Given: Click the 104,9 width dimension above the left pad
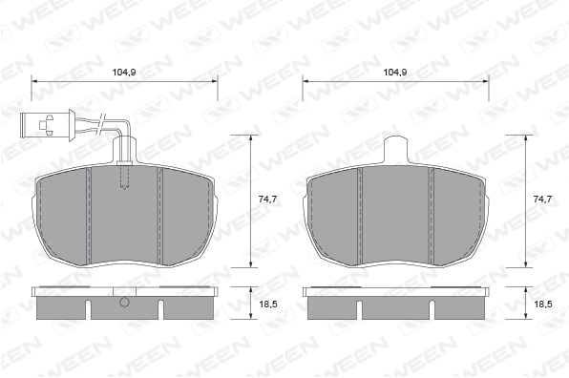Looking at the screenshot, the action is pyautogui.click(x=124, y=73).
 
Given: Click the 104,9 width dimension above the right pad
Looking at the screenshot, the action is pyautogui.click(x=395, y=73).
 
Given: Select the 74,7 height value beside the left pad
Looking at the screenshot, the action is pyautogui.click(x=267, y=199).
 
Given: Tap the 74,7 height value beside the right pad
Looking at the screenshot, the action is pyautogui.click(x=542, y=199).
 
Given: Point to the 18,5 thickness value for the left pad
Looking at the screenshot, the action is pyautogui.click(x=268, y=304).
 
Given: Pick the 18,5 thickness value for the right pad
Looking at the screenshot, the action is pyautogui.click(x=543, y=304).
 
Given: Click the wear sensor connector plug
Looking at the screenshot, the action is pyautogui.click(x=48, y=125).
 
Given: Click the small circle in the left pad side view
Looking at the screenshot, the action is pyautogui.click(x=124, y=302).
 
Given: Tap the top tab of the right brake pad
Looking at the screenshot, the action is pyautogui.click(x=396, y=149).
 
